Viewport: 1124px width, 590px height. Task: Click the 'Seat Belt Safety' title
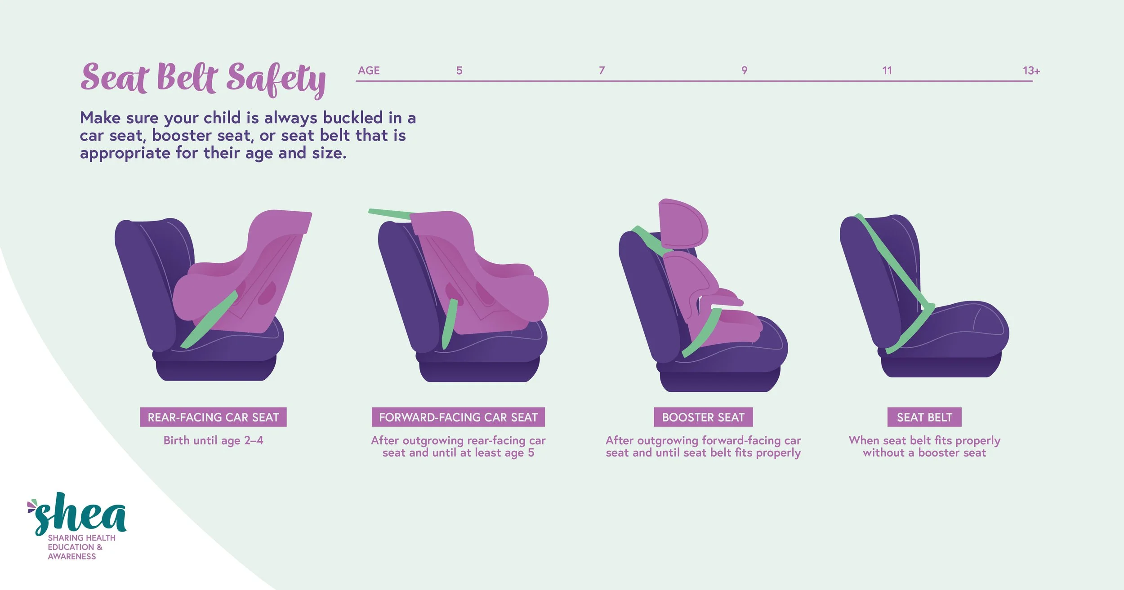(203, 79)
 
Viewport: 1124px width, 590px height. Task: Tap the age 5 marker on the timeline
(459, 71)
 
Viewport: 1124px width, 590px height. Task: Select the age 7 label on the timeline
(602, 71)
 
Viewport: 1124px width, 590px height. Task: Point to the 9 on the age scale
(744, 71)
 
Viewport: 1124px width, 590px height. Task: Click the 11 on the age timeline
(887, 71)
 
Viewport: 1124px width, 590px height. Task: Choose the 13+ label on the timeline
(1031, 71)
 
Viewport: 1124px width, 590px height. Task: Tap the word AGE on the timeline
(369, 71)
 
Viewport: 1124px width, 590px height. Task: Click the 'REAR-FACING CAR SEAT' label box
(213, 417)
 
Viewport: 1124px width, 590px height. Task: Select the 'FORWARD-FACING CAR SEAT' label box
(458, 417)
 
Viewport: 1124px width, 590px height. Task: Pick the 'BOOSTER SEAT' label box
(703, 417)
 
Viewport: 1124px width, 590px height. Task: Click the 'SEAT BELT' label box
(924, 417)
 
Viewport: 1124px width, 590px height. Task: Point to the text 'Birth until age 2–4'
(213, 440)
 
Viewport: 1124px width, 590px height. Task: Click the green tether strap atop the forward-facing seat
(389, 214)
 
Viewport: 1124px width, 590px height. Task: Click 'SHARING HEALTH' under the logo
(81, 538)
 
